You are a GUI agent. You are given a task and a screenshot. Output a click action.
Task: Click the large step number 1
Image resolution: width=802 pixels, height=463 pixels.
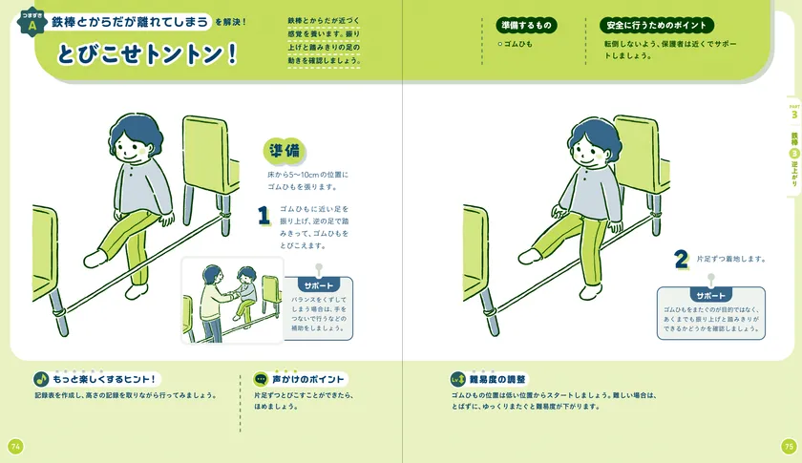[x=264, y=216]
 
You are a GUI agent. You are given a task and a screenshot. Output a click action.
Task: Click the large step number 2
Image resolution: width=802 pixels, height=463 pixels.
[x=681, y=259]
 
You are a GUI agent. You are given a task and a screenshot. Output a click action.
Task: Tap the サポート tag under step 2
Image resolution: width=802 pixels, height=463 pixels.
[x=710, y=295]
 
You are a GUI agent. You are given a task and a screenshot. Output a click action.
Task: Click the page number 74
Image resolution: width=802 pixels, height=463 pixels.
[x=14, y=446]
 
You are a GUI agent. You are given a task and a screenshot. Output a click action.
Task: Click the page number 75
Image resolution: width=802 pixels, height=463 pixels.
[x=788, y=446]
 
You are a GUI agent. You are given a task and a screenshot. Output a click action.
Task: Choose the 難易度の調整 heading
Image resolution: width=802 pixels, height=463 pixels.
[x=497, y=379]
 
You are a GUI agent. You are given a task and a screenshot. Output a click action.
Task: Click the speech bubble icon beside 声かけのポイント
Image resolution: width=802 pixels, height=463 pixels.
[x=261, y=379]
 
